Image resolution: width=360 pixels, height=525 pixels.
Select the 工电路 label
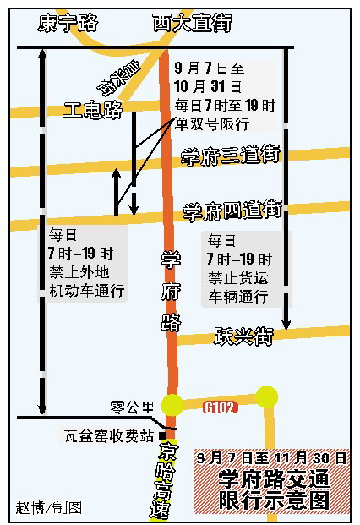pyautogui.click(x=93, y=108)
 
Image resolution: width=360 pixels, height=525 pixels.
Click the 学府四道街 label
pyautogui.click(x=232, y=209)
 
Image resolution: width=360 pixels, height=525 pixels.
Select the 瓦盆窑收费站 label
pyautogui.click(x=110, y=436)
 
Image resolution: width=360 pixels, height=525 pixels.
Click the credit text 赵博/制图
pyautogui.click(x=49, y=508)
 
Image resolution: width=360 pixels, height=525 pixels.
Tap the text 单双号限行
pyautogui.click(x=211, y=123)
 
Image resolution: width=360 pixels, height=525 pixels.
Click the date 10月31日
pyautogui.click(x=208, y=86)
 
